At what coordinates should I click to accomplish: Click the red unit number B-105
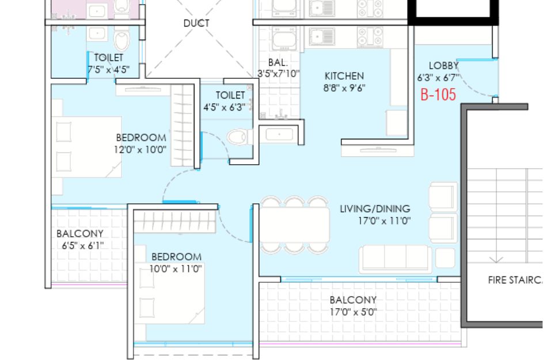tap(438, 94)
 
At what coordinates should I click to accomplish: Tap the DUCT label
tap(196, 23)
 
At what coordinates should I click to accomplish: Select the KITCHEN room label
tap(344, 76)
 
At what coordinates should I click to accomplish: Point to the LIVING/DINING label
tap(375, 209)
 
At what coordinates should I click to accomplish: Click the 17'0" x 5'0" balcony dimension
tap(353, 312)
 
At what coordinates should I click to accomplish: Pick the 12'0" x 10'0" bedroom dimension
tap(140, 149)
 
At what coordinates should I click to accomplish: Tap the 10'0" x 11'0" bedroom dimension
tap(176, 269)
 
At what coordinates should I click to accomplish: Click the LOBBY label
tap(443, 66)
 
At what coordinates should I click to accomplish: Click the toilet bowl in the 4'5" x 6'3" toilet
tap(238, 137)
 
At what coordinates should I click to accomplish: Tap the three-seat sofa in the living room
tap(396, 259)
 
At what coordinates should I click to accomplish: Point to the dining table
tap(294, 224)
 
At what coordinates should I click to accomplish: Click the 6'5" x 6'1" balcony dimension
tap(82, 245)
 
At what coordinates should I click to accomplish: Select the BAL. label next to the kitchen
tap(278, 63)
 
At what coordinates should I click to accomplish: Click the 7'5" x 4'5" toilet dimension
tap(108, 70)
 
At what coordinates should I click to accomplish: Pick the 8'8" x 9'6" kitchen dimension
tap(344, 88)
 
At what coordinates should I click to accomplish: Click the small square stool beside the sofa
tap(445, 258)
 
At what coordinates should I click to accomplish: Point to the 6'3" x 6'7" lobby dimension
tap(438, 78)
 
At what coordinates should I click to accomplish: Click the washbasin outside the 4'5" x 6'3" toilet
tap(279, 134)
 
